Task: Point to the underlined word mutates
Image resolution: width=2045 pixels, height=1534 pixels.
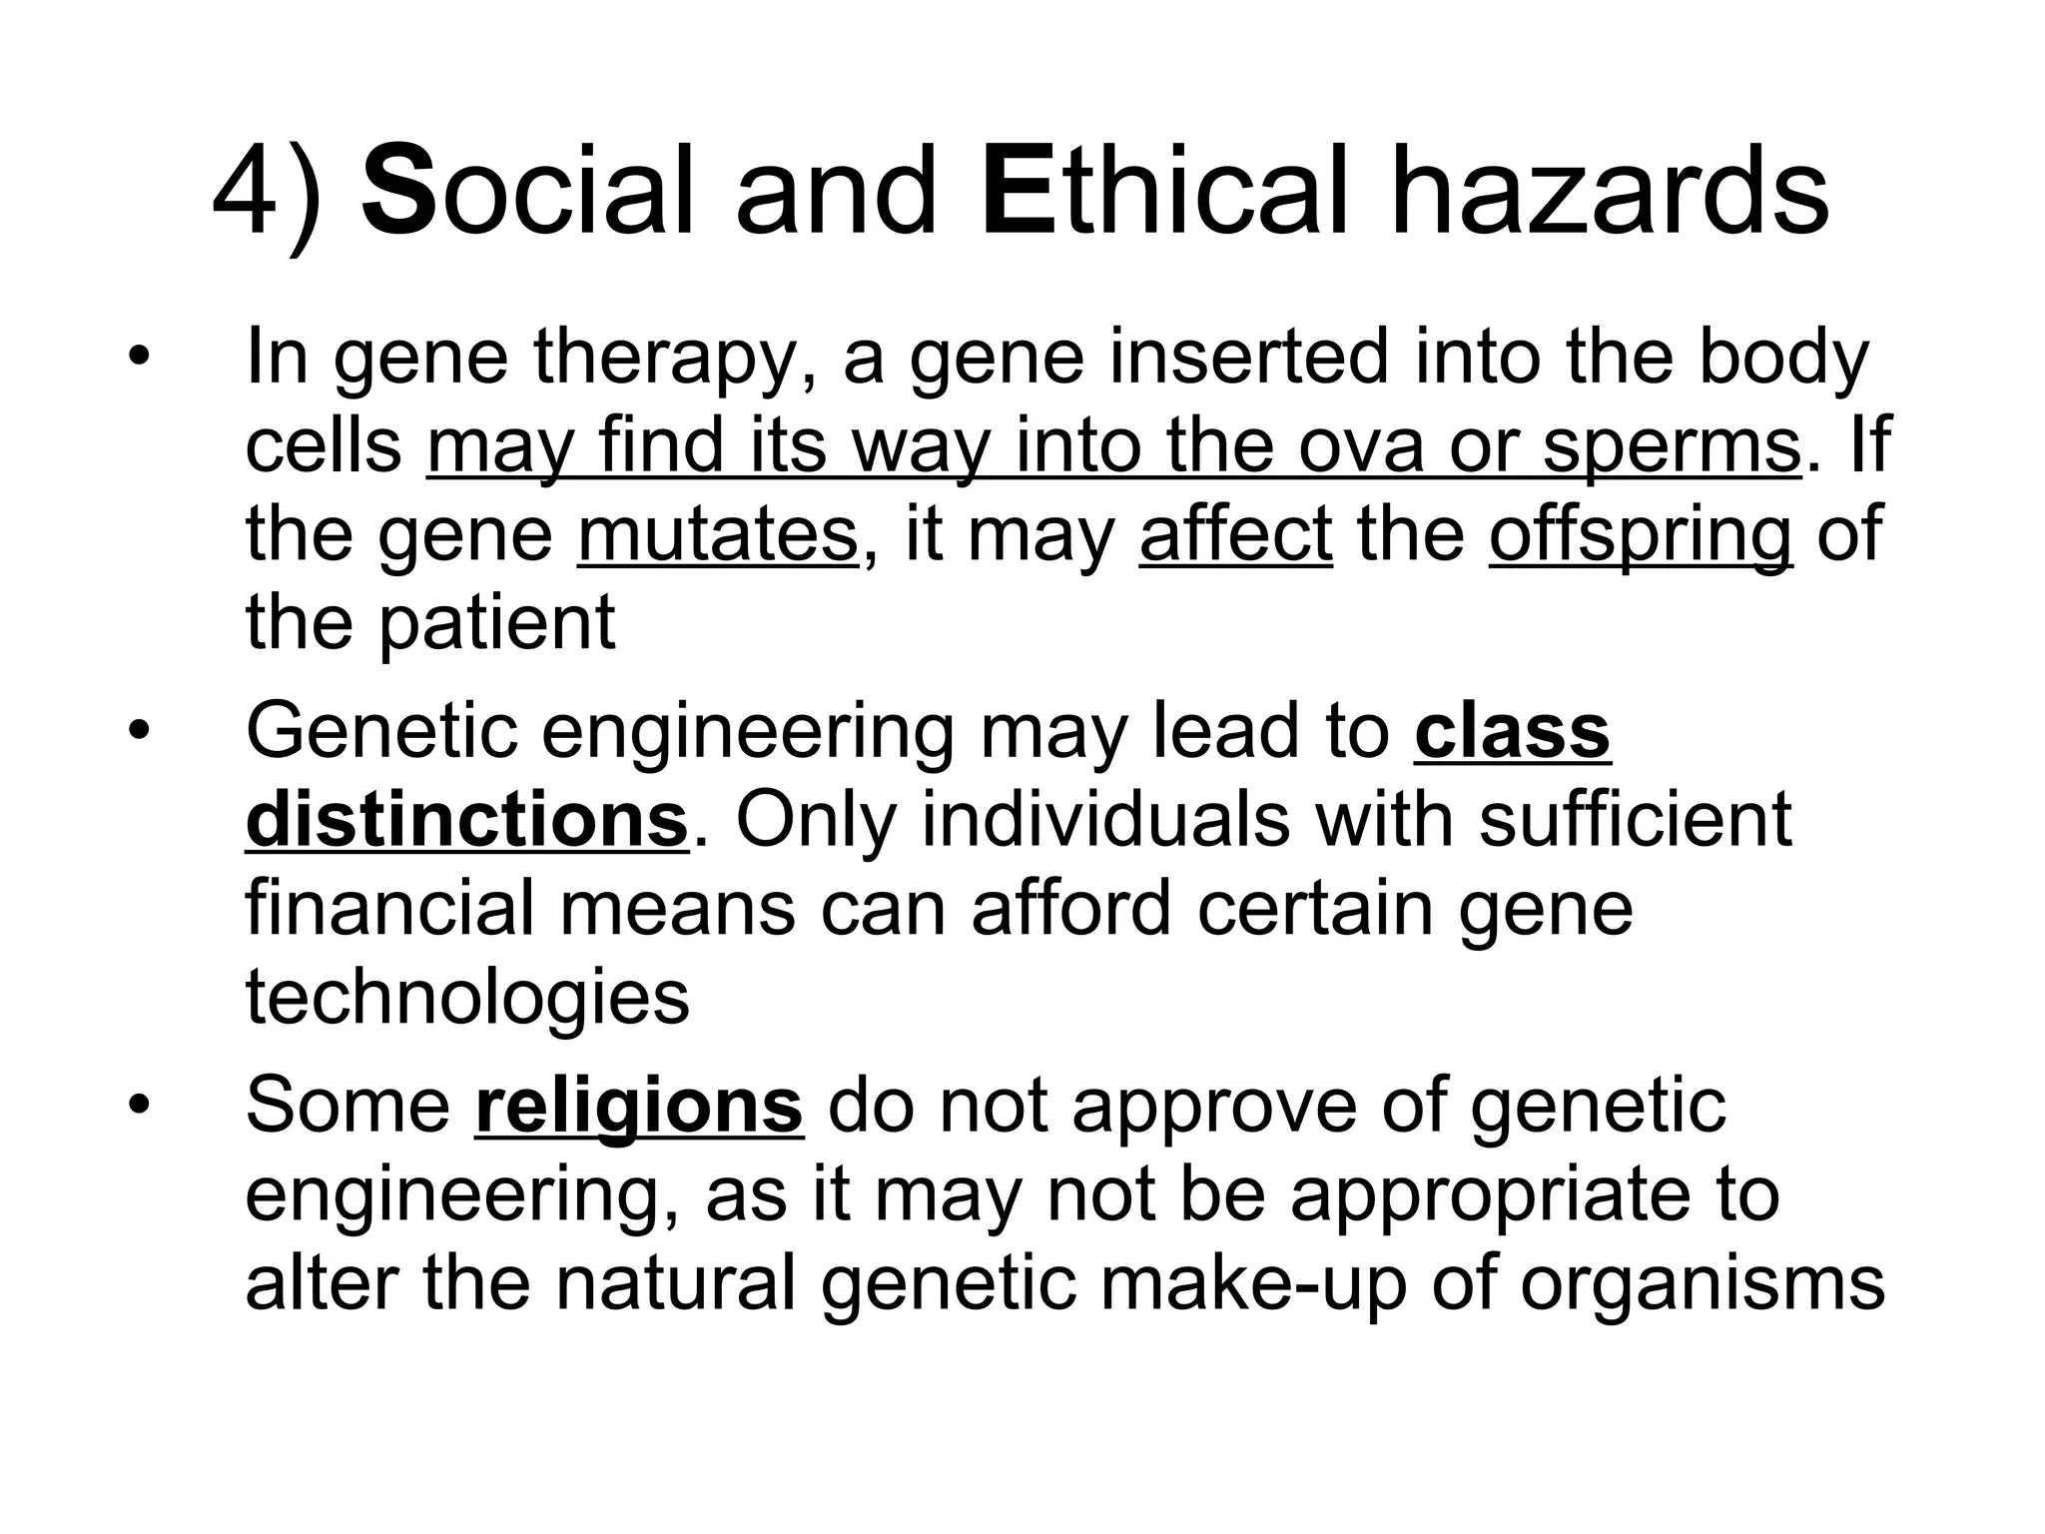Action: pyautogui.click(x=717, y=534)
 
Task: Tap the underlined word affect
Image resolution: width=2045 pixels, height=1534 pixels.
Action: pyautogui.click(x=1235, y=534)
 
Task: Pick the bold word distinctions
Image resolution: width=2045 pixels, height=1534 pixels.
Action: pyautogui.click(x=467, y=820)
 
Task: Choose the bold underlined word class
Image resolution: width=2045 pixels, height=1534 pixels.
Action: pyautogui.click(x=1512, y=732)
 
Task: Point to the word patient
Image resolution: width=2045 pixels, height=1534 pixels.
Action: pyautogui.click(x=497, y=622)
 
